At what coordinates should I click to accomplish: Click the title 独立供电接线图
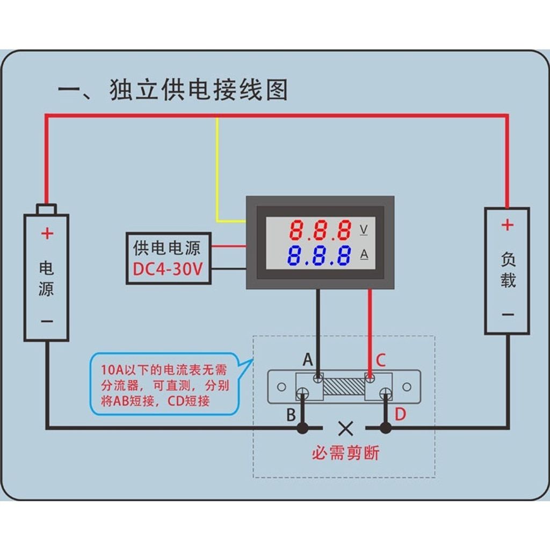coord(199,90)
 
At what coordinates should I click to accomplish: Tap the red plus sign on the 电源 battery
coord(47,234)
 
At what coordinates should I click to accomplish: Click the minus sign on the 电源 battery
coord(47,321)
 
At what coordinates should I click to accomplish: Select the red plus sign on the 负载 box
coord(507,225)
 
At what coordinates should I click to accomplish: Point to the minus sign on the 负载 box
coord(508,314)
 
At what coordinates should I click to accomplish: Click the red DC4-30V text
coord(168,270)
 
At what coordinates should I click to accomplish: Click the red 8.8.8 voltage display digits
coord(321,230)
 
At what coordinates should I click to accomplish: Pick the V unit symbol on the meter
coord(364,230)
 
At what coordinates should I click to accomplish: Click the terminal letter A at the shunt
coord(307,359)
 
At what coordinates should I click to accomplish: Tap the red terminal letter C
coord(380,360)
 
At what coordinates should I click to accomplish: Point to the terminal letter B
coord(291,415)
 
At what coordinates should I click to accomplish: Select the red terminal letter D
coord(401,414)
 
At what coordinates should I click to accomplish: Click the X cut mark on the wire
coord(345,428)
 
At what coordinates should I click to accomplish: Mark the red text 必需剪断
coord(345,453)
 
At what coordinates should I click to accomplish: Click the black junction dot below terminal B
coord(303,428)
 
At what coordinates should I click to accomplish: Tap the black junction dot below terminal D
coord(385,428)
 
